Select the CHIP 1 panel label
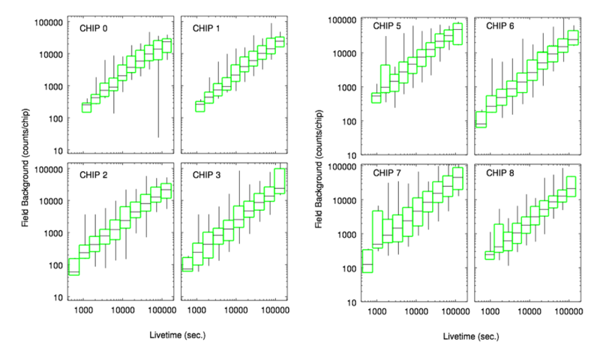pyautogui.click(x=207, y=28)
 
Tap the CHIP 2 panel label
pyautogui.click(x=94, y=175)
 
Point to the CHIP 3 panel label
pyautogui.click(x=207, y=175)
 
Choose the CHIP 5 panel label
pyautogui.click(x=388, y=26)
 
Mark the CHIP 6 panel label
pyautogui.click(x=500, y=26)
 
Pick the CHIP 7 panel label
pyautogui.click(x=388, y=173)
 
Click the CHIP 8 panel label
pyautogui.click(x=500, y=173)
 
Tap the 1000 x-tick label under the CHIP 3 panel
pyautogui.click(x=196, y=310)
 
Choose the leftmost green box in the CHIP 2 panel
pyautogui.click(x=73, y=267)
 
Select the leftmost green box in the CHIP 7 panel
pyautogui.click(x=367, y=260)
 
